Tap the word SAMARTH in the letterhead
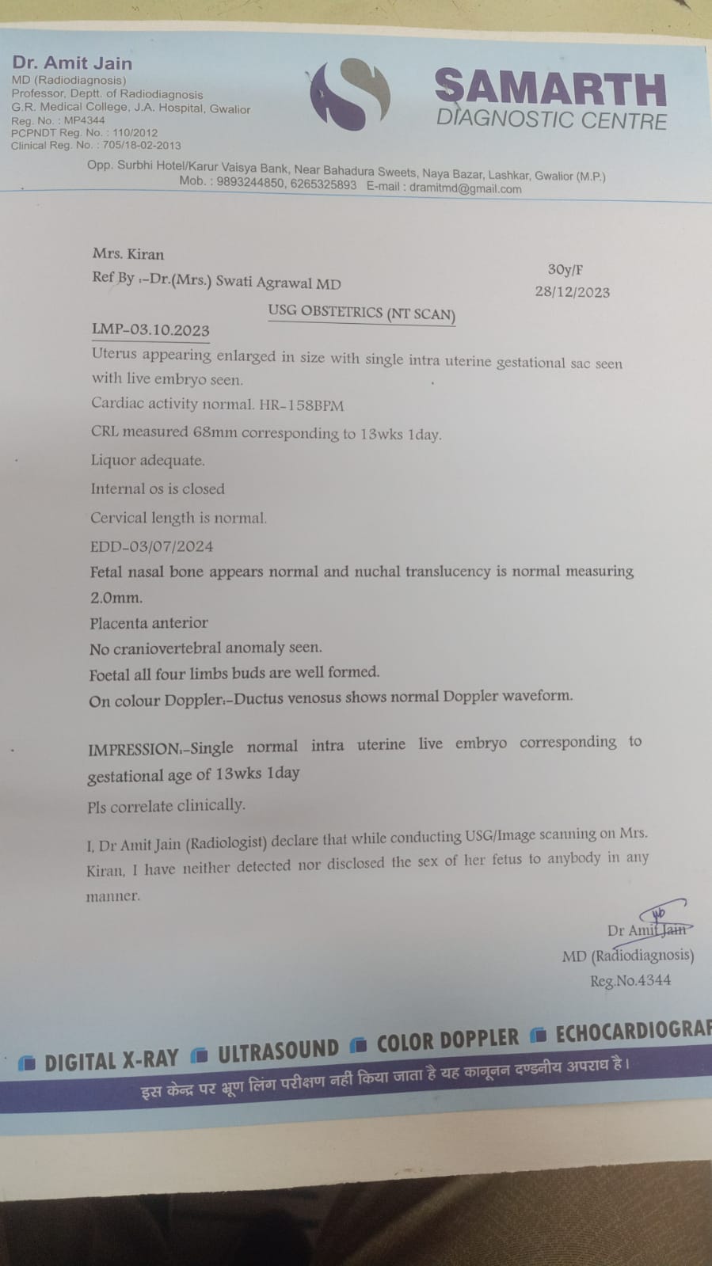550,88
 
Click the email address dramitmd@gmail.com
465,188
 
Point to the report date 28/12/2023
572,291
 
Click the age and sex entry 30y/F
565,269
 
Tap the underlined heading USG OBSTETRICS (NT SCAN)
361,313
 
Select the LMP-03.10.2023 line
150,329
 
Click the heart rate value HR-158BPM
302,405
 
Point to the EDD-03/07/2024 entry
151,546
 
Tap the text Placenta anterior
149,622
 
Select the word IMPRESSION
133,749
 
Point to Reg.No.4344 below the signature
630,980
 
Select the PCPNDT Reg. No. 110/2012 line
84,133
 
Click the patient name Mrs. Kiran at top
128,254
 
